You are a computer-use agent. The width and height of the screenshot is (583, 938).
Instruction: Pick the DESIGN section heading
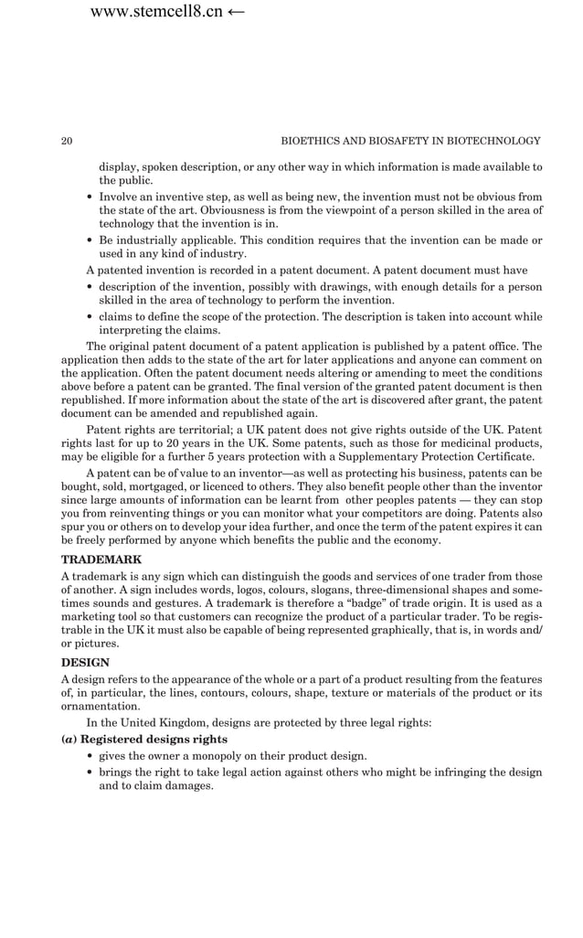tap(85, 662)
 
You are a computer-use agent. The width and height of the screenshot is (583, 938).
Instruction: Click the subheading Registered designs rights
tap(149, 739)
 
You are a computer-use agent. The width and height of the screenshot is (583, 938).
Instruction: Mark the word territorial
tap(184, 430)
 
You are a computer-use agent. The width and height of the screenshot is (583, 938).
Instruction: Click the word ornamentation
tap(101, 706)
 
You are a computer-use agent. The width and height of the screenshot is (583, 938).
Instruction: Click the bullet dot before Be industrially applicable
tap(90, 240)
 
